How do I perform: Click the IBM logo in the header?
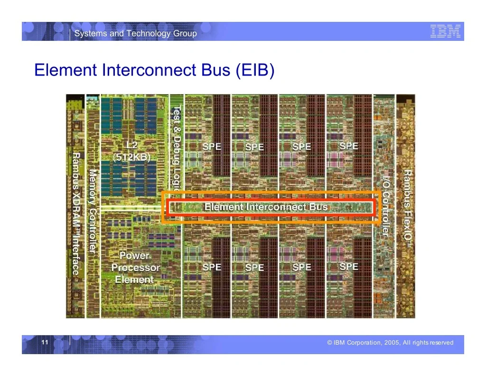pyautogui.click(x=445, y=31)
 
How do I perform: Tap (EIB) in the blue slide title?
pyautogui.click(x=255, y=70)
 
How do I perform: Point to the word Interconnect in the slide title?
pyautogui.click(x=150, y=70)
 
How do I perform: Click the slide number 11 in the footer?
pyautogui.click(x=45, y=342)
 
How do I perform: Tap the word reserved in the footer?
pyautogui.click(x=441, y=343)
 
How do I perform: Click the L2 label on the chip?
pyautogui.click(x=132, y=145)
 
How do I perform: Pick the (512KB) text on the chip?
pyautogui.click(x=132, y=157)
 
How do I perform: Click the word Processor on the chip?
pyautogui.click(x=135, y=268)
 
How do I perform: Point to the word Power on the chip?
pyautogui.click(x=134, y=256)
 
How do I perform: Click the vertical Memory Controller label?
pyautogui.click(x=93, y=211)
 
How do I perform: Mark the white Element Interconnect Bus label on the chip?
pyautogui.click(x=266, y=207)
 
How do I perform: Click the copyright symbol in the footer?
pyautogui.click(x=329, y=343)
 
